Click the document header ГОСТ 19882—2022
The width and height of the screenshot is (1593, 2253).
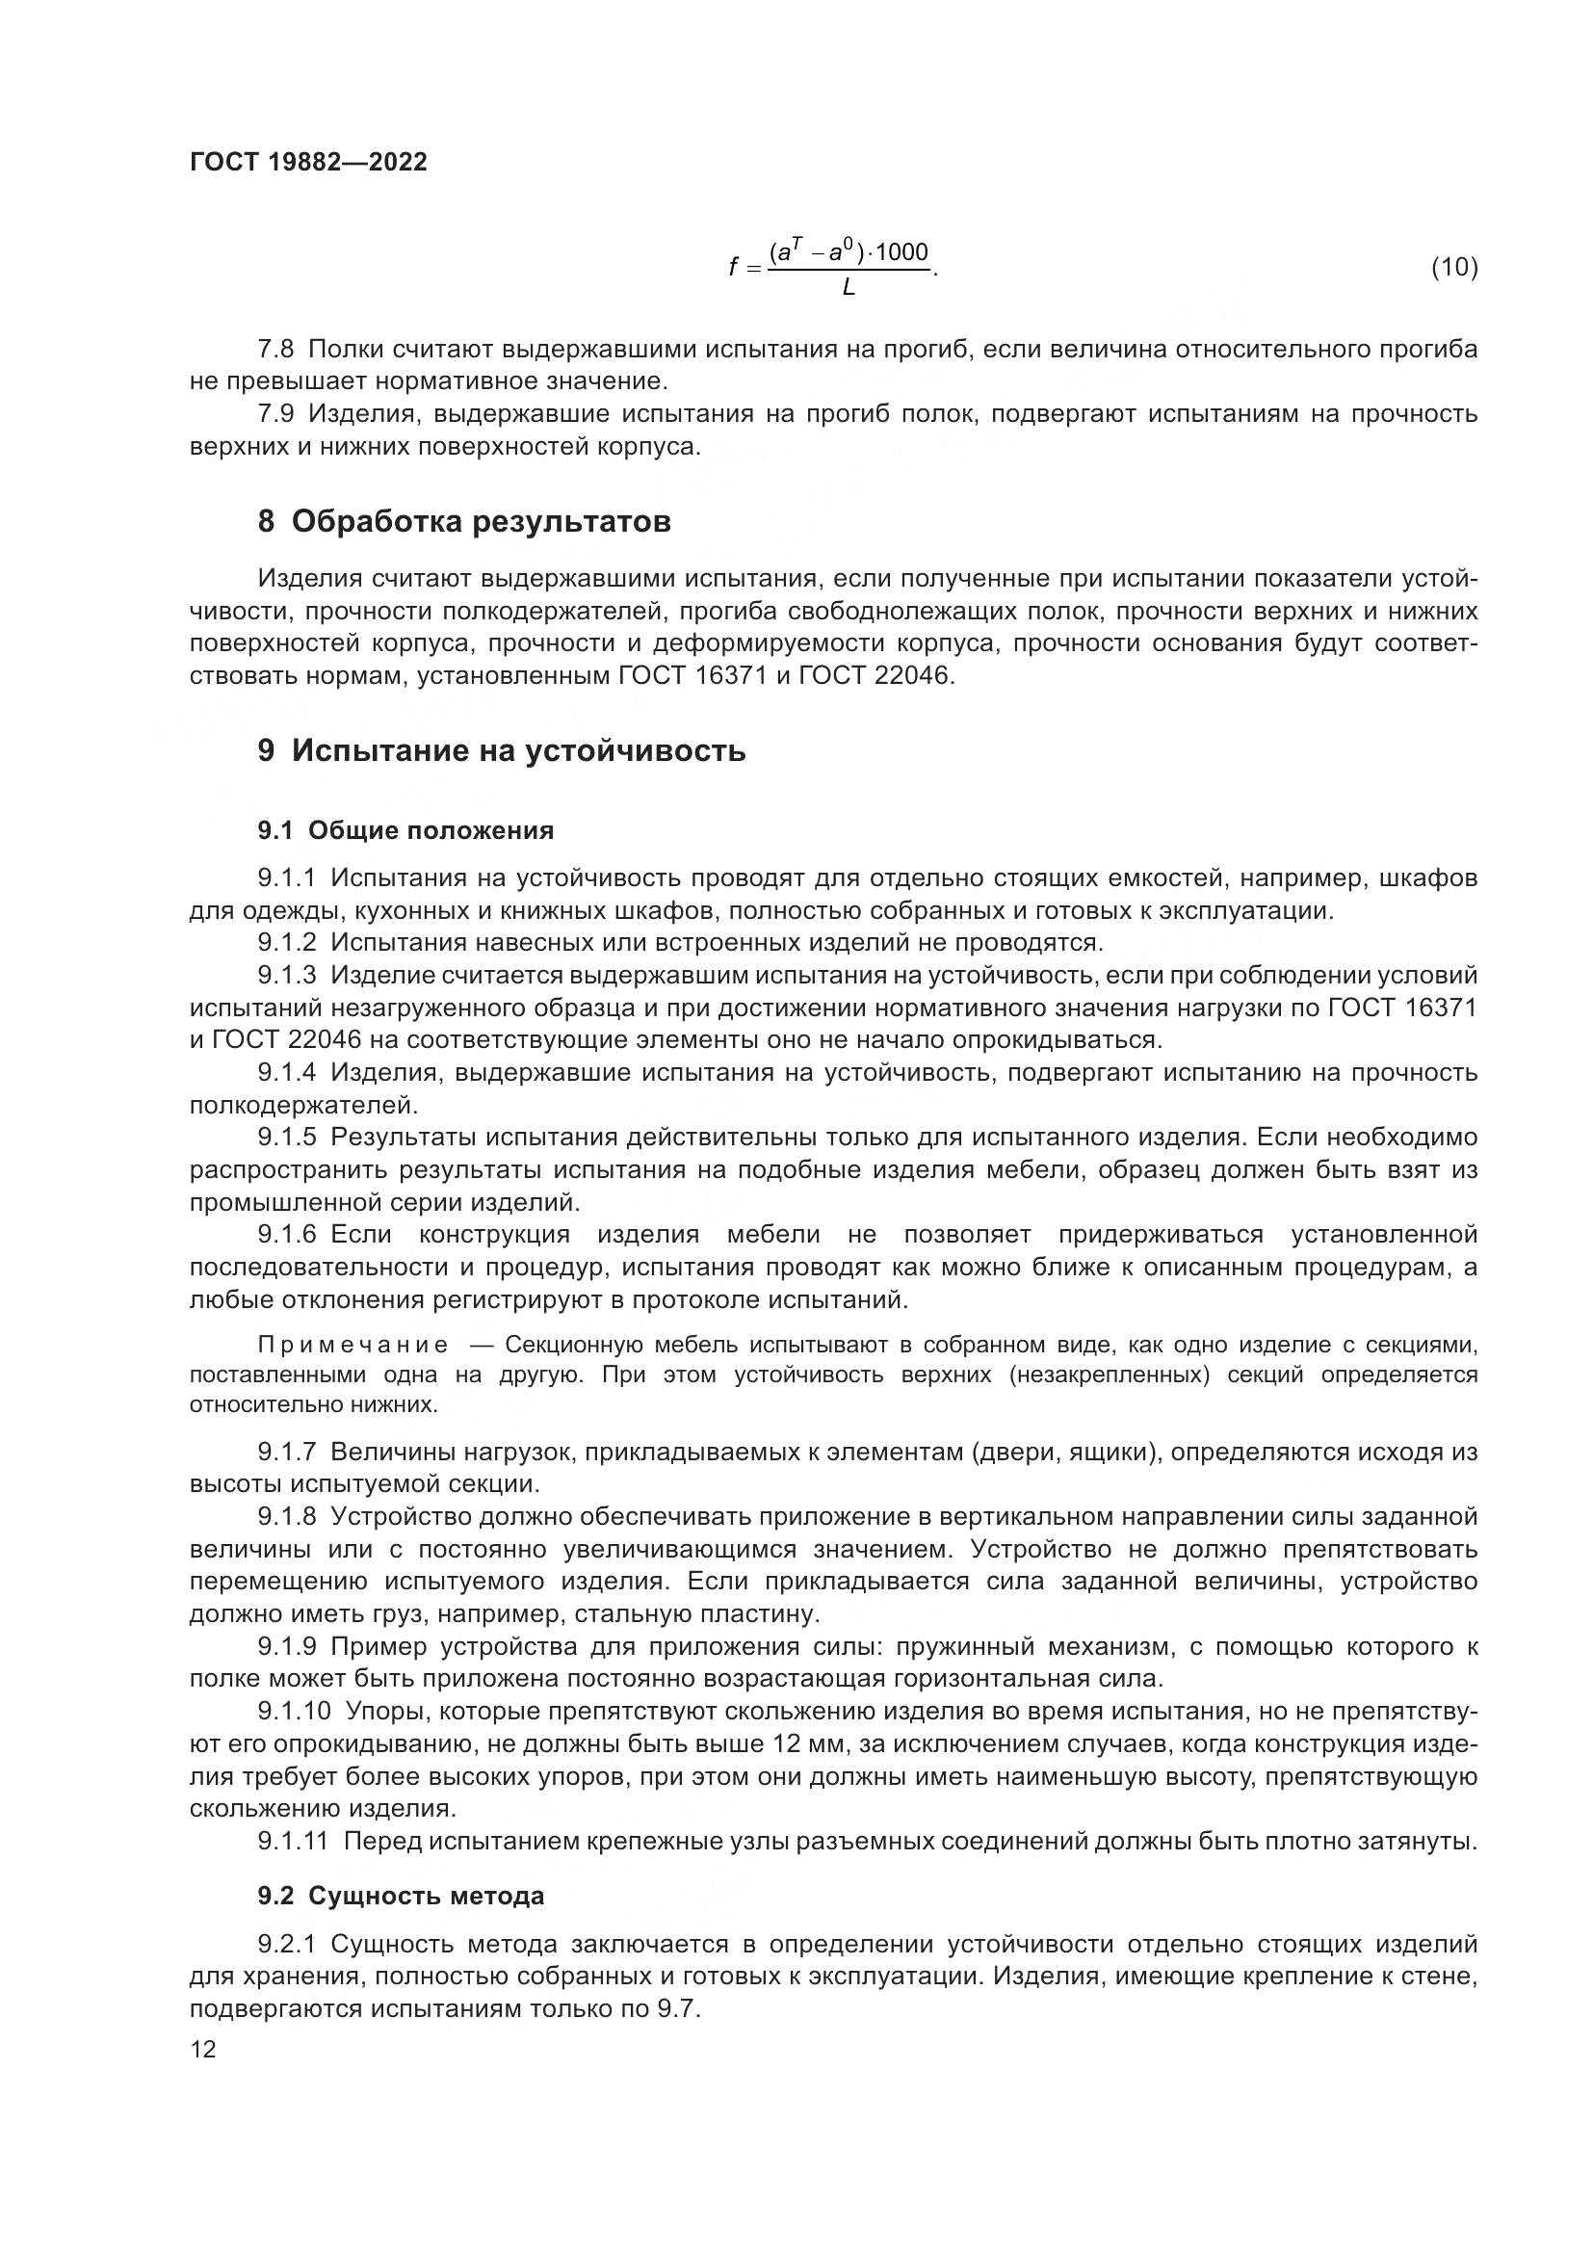(308, 162)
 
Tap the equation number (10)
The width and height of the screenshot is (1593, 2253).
(1453, 267)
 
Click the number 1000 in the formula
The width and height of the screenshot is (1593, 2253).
(901, 252)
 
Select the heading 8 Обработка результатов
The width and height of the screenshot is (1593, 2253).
(464, 521)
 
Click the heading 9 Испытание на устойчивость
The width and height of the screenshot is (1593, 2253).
(501, 750)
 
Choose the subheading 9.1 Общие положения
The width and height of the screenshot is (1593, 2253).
(405, 830)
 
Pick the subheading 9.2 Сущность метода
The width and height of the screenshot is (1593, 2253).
(401, 1896)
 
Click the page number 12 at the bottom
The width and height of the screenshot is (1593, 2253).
(203, 2050)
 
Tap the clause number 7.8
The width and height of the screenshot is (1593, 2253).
(275, 350)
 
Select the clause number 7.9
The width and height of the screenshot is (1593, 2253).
(275, 414)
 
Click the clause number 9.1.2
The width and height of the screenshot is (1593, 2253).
(287, 943)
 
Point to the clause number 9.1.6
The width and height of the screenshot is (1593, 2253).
(287, 1234)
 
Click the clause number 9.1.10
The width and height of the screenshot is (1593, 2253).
(295, 1712)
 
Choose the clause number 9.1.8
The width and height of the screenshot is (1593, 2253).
(287, 1517)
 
